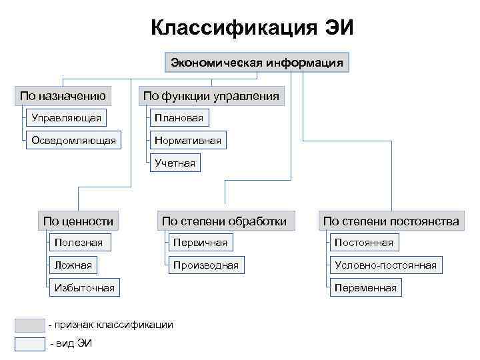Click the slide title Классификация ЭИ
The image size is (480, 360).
click(x=253, y=29)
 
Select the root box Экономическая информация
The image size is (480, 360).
click(x=257, y=63)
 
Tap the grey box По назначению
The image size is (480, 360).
click(x=63, y=96)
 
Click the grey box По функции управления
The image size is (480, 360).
click(x=211, y=96)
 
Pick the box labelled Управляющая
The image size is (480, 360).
click(x=66, y=118)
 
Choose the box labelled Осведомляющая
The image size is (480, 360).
click(x=73, y=140)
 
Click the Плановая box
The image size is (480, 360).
click(x=179, y=118)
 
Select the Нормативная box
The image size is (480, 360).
click(x=187, y=140)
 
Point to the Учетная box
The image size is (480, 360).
click(x=175, y=162)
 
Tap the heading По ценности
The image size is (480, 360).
click(x=78, y=221)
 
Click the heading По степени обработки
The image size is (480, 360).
click(x=224, y=221)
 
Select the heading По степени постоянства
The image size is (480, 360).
click(x=391, y=221)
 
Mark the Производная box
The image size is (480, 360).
click(x=205, y=265)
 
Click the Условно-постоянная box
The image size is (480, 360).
click(x=385, y=265)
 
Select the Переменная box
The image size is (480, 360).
click(x=365, y=288)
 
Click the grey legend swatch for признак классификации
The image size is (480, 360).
click(x=29, y=325)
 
